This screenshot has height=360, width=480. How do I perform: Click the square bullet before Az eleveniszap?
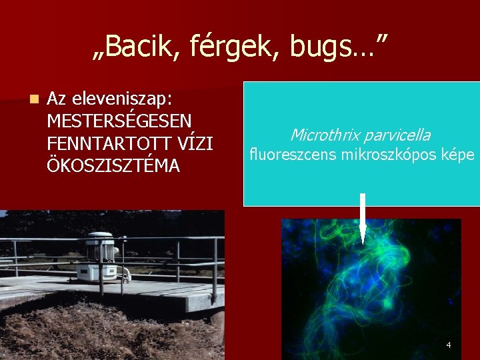[x=33, y=99]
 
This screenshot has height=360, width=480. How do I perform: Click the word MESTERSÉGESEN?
[x=119, y=121]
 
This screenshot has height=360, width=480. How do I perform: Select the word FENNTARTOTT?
[x=104, y=143]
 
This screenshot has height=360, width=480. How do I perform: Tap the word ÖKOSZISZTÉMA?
[x=113, y=165]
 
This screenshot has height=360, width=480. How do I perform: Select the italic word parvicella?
[x=398, y=135]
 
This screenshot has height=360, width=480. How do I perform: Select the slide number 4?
[x=448, y=345]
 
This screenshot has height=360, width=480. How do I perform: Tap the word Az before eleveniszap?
[x=57, y=99]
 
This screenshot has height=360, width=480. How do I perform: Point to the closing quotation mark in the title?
[x=381, y=39]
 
